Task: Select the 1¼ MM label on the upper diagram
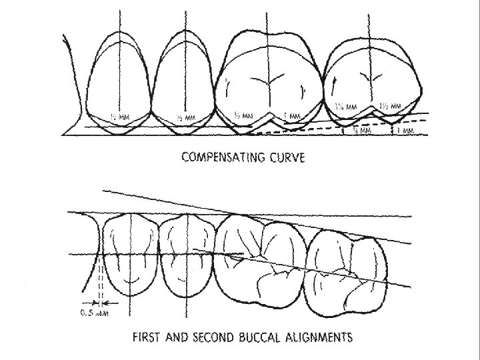click(x=345, y=107)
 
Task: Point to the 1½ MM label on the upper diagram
click(x=389, y=107)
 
